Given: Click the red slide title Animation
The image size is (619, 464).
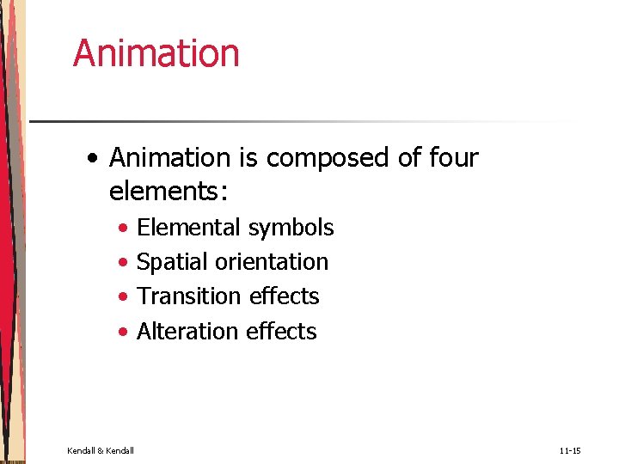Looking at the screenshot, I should point(156,52).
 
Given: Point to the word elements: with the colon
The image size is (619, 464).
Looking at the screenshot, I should point(169,192).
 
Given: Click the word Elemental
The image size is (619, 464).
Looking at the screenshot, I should point(189,228).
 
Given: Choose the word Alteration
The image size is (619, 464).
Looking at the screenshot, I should point(188,331).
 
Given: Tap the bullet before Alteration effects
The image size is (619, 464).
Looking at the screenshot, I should point(126,333).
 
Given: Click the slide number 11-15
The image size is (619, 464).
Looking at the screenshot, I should point(570,450).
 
